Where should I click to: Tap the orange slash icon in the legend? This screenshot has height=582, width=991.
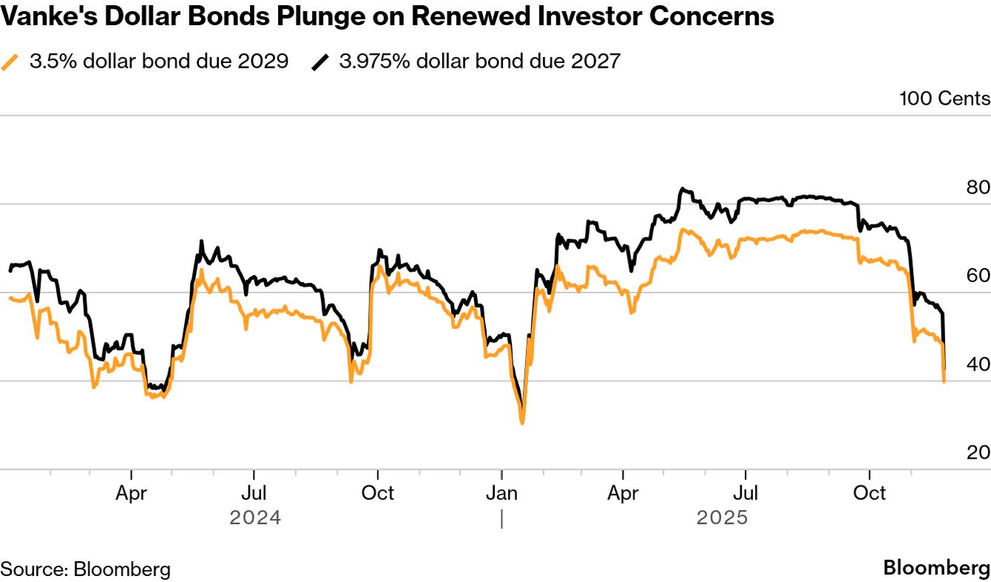tap(10, 62)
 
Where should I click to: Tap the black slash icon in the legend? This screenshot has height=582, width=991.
tap(320, 62)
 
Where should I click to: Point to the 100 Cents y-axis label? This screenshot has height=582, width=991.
tap(944, 99)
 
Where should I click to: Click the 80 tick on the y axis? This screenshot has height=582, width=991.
tap(976, 187)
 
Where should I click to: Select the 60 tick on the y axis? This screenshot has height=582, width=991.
tap(976, 275)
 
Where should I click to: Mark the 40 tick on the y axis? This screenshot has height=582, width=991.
tap(976, 364)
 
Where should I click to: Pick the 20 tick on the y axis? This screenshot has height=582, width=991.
tap(976, 452)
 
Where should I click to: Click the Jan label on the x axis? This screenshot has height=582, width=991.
tap(501, 493)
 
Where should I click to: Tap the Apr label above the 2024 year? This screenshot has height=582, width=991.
tap(131, 493)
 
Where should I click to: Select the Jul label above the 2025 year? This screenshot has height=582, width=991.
tap(745, 493)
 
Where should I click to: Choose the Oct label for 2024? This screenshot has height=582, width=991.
tap(378, 493)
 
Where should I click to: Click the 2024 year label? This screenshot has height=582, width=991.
tap(255, 517)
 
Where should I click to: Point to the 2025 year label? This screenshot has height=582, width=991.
tap(722, 517)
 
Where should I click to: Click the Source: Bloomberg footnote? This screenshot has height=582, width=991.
tap(85, 569)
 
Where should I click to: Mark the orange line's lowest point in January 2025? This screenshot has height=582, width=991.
tap(522, 422)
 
